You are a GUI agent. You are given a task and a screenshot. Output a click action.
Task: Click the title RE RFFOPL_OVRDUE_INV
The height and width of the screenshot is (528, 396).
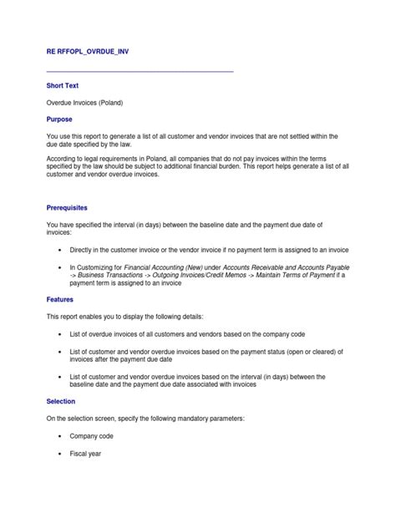[x=88, y=51]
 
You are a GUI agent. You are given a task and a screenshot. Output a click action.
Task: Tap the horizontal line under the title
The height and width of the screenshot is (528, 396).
[x=140, y=71]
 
